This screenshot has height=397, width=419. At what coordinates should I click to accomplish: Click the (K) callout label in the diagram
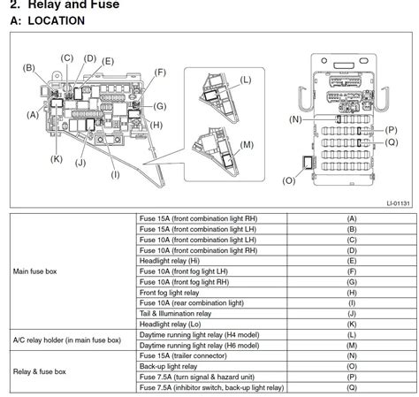click(57, 159)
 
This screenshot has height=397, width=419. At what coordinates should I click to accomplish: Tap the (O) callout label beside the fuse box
click(288, 180)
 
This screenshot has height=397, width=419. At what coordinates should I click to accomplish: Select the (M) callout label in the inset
click(247, 145)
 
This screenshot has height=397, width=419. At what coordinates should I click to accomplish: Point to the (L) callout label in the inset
click(246, 80)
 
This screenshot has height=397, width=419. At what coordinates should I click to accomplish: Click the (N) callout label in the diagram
click(295, 119)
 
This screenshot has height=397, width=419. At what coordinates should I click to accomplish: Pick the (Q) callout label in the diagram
click(392, 142)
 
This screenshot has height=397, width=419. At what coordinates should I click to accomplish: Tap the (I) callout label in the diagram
click(115, 175)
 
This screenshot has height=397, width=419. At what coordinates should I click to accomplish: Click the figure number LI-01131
click(398, 203)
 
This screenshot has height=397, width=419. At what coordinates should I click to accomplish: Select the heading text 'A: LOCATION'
click(48, 20)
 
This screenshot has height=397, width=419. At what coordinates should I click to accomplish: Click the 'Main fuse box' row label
click(34, 271)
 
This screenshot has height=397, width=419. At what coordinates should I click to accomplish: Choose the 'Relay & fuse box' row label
click(40, 371)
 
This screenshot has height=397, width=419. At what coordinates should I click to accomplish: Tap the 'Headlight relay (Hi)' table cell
click(170, 261)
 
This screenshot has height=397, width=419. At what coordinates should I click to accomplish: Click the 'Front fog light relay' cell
click(169, 293)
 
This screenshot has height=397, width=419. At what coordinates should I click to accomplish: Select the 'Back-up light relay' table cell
click(168, 366)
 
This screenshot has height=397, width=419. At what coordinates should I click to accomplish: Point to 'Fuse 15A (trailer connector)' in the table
click(183, 355)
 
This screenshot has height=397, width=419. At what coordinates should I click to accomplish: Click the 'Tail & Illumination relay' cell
click(175, 314)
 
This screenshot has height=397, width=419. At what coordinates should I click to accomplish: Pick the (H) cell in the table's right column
click(352, 293)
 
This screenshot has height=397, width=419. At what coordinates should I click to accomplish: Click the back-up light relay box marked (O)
click(308, 163)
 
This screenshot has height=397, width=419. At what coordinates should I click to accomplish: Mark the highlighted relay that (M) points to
click(227, 160)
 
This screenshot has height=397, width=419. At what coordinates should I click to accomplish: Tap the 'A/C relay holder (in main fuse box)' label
click(67, 340)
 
